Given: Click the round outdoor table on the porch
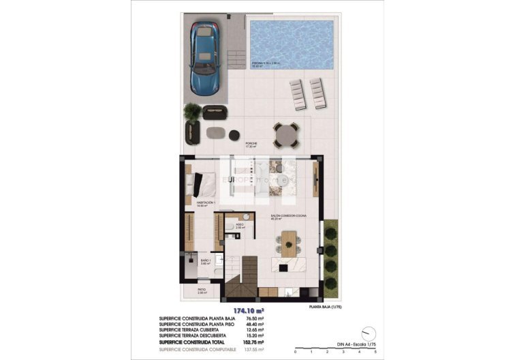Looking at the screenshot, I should click(x=285, y=134).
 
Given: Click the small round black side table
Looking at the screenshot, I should click(x=234, y=134).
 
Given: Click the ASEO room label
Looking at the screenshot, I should click(x=240, y=225).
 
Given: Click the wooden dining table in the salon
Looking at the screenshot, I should click(x=289, y=241).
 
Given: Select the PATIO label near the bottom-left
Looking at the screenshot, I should click(x=202, y=291).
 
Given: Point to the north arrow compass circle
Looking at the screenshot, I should click(x=371, y=333).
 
